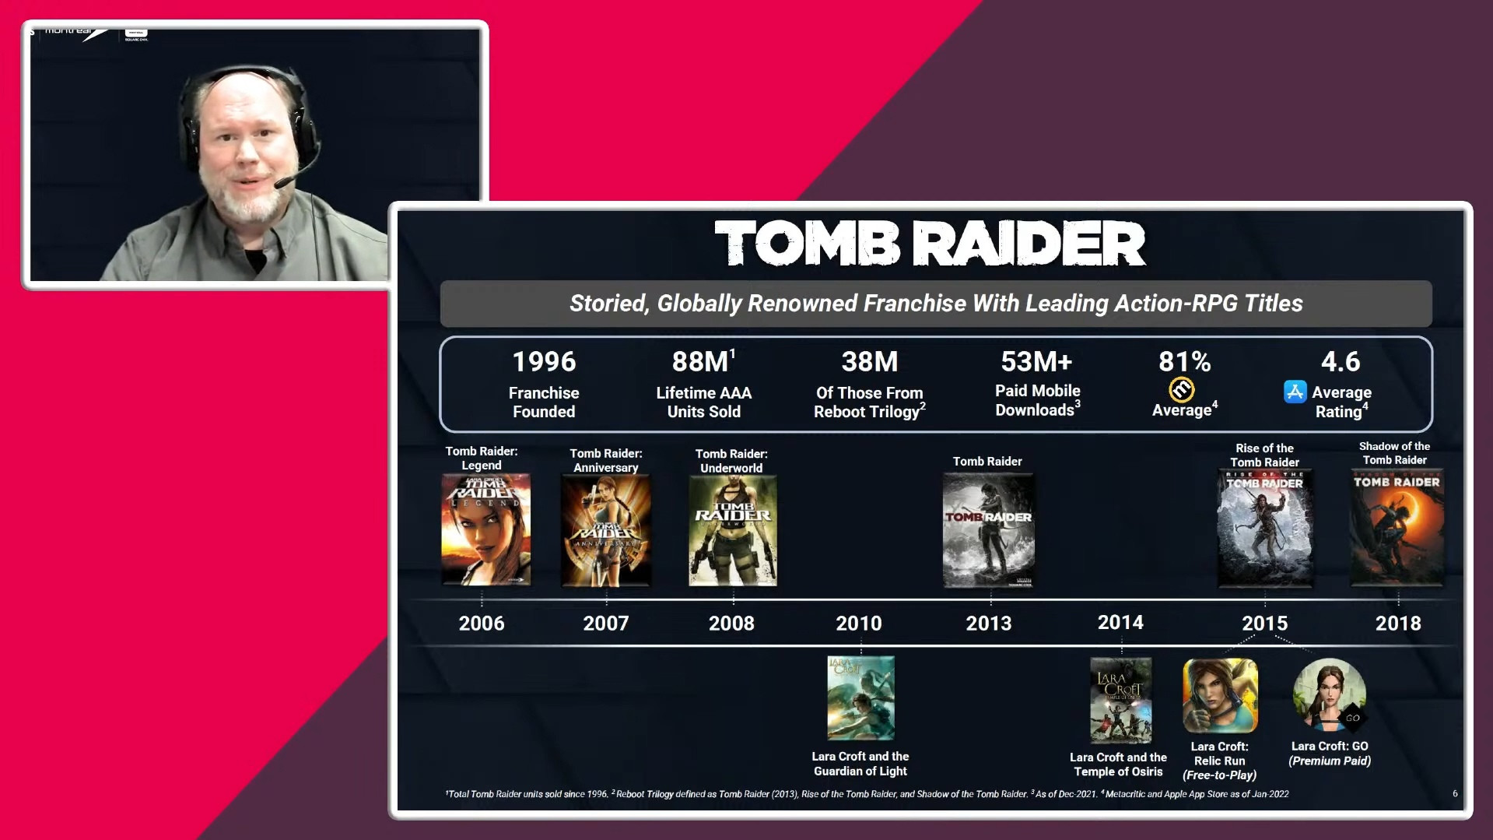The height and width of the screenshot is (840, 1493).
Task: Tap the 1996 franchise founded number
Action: click(544, 362)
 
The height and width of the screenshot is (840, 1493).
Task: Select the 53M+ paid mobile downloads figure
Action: click(1036, 362)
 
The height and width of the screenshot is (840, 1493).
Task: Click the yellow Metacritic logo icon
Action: click(1181, 389)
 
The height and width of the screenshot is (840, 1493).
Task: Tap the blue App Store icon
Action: click(1295, 392)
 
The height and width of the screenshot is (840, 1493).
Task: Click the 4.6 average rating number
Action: click(1341, 362)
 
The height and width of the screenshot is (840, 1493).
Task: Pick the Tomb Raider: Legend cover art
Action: click(485, 529)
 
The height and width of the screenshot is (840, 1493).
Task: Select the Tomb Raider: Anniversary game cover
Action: click(606, 531)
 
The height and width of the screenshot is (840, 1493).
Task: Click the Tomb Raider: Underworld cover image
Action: click(732, 531)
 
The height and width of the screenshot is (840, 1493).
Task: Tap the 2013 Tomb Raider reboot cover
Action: click(988, 531)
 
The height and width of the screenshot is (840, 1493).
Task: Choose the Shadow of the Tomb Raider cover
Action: click(1397, 528)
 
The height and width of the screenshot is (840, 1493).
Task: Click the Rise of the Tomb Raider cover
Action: click(1264, 528)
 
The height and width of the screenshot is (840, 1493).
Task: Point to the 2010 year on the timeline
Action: click(859, 624)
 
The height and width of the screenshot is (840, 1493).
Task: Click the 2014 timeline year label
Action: click(1120, 623)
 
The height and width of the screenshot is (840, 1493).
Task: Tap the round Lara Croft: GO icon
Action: click(1330, 695)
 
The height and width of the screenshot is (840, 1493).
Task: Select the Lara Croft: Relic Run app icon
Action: click(1220, 696)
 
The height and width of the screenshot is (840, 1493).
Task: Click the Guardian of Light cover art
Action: click(860, 698)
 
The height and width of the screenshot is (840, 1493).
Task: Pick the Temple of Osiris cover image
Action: click(1120, 700)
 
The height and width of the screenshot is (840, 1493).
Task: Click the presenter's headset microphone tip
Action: click(279, 185)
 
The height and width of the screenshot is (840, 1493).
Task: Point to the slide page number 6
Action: click(1455, 794)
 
